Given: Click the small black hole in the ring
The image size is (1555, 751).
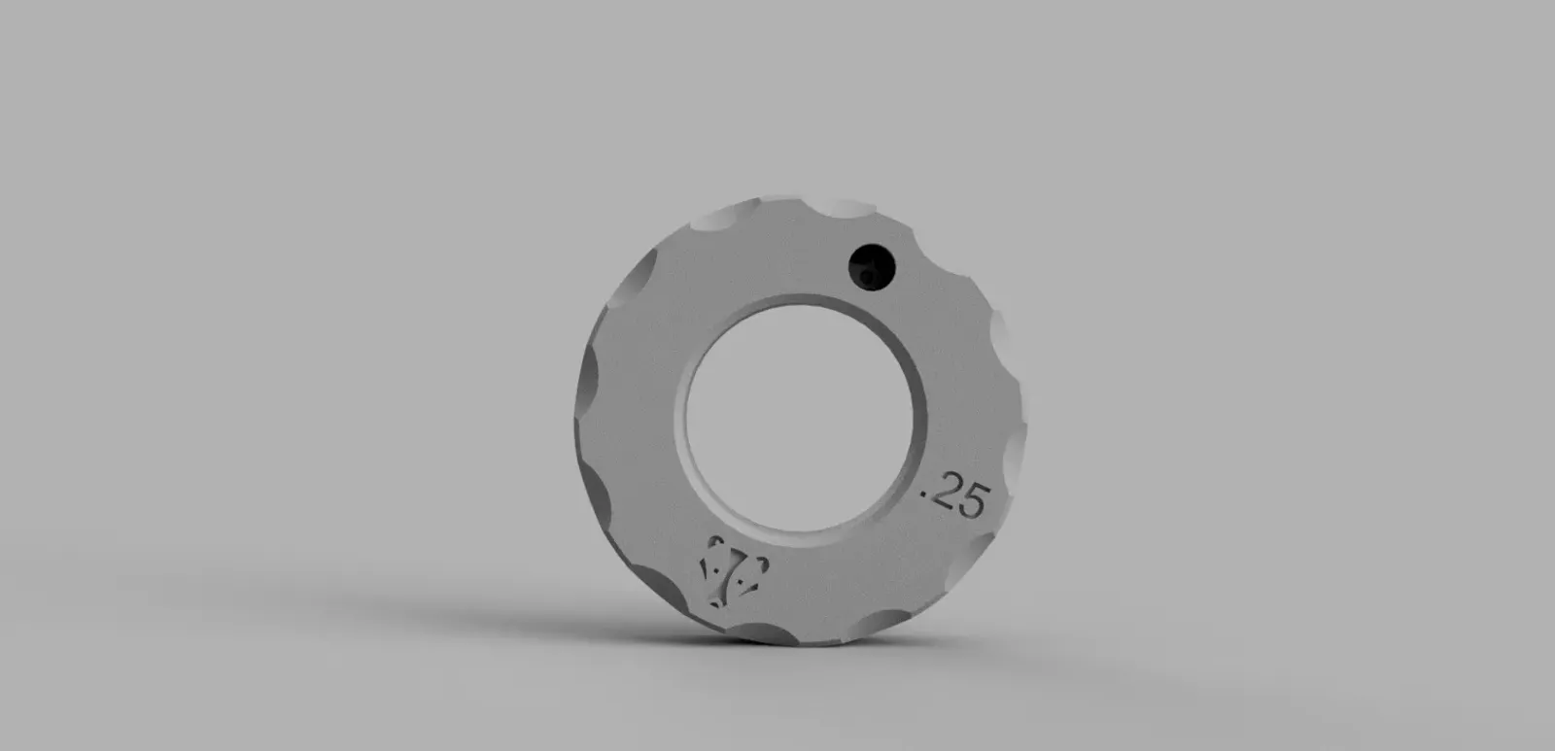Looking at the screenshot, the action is click(872, 267).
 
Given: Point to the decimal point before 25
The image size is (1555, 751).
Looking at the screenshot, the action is click(924, 495).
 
